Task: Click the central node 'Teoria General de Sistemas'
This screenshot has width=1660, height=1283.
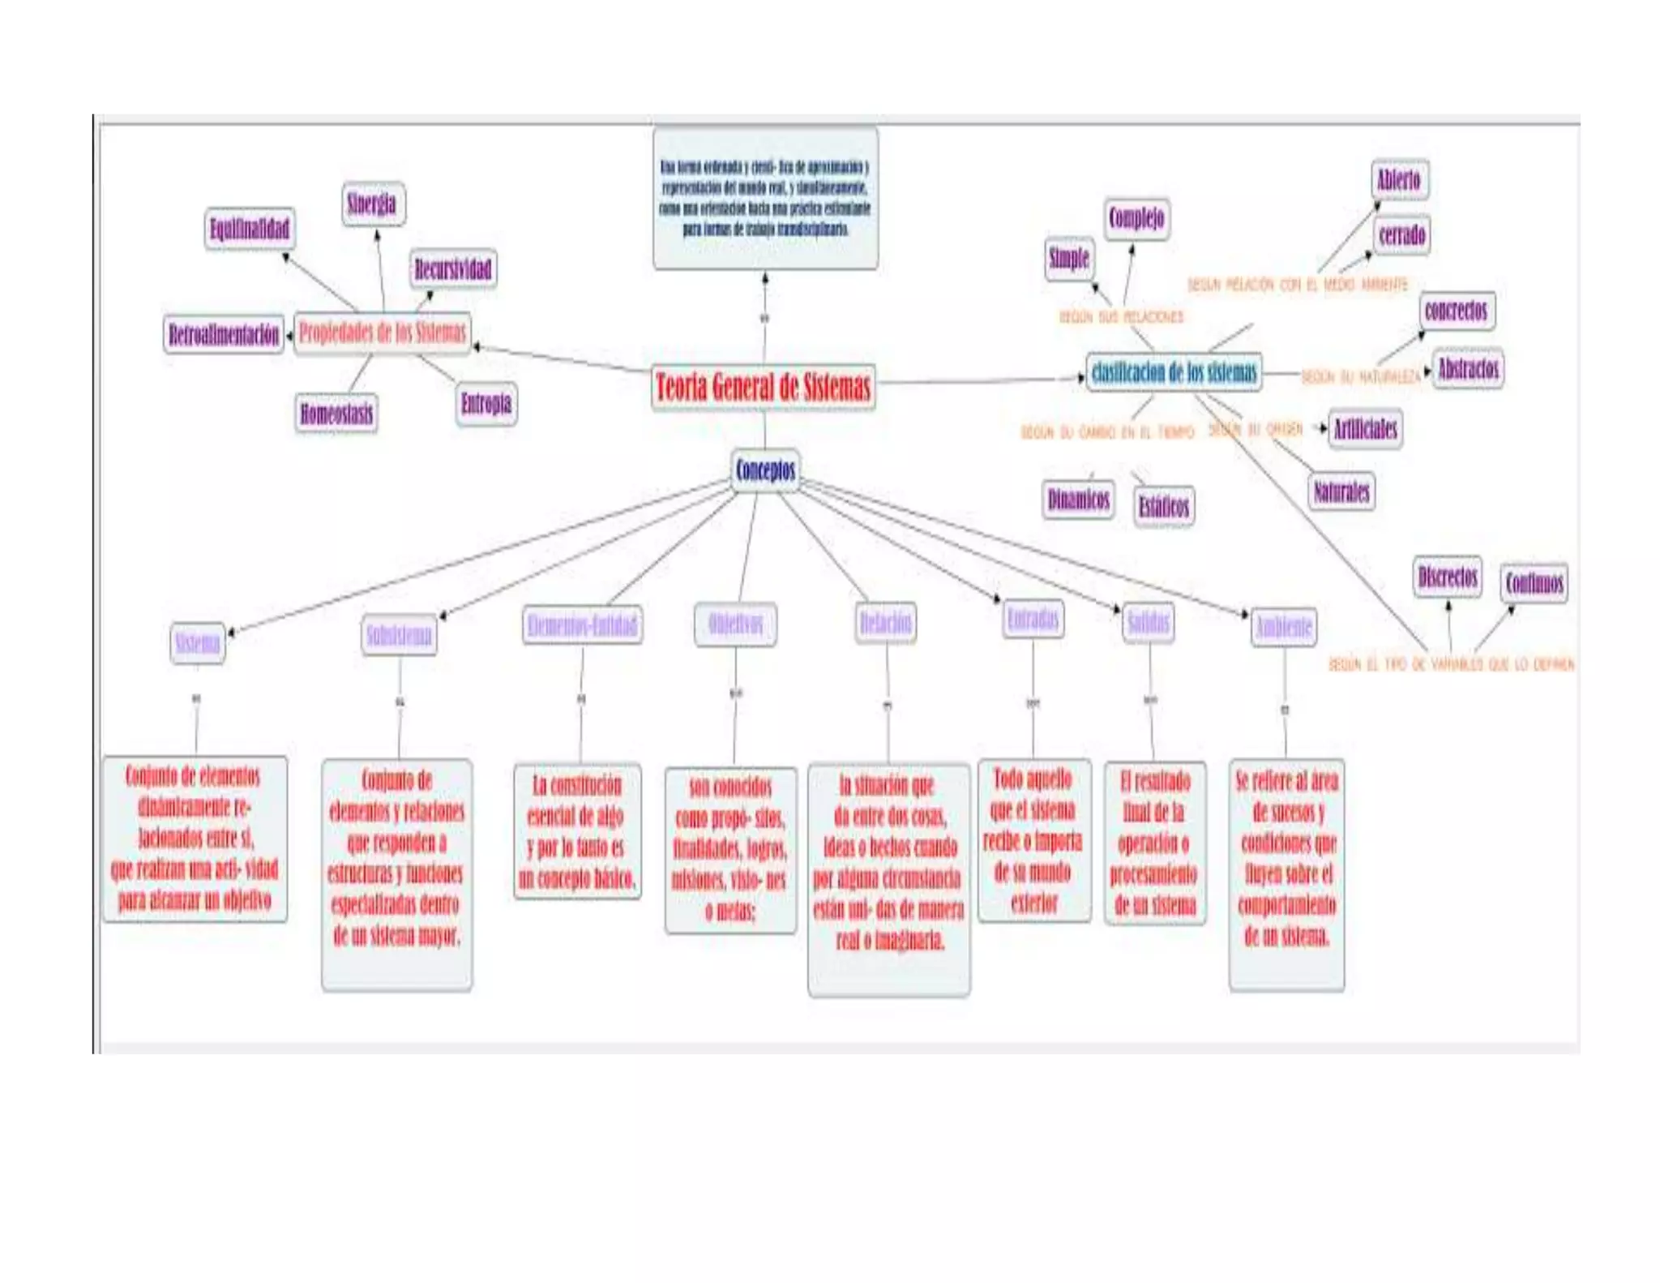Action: (763, 387)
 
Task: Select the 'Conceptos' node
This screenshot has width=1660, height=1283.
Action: (765, 470)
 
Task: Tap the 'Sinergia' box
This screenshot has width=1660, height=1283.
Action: (372, 204)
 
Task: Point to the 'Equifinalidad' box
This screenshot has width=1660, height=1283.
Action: (249, 229)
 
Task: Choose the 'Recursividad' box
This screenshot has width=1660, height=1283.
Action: (452, 269)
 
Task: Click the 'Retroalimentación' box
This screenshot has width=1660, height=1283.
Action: (224, 334)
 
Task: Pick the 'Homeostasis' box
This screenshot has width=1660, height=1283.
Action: (336, 414)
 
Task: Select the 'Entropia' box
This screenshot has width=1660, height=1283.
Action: (486, 404)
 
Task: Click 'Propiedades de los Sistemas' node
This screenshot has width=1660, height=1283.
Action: (383, 333)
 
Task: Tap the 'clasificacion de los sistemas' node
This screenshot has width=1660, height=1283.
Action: (1174, 373)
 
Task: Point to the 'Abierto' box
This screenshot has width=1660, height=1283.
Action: (1399, 180)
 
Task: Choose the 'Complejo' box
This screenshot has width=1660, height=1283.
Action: (1136, 218)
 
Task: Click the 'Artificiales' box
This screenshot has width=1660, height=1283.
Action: (1366, 428)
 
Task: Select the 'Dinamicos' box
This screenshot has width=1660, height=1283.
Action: (1078, 499)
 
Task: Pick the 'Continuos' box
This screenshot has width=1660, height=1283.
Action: (1534, 583)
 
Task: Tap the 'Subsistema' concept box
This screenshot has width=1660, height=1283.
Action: (399, 635)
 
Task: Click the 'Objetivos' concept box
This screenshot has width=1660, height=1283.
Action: (735, 624)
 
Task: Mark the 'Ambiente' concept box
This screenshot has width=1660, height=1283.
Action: (1283, 627)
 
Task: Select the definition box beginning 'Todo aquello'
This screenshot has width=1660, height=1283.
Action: (1033, 840)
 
